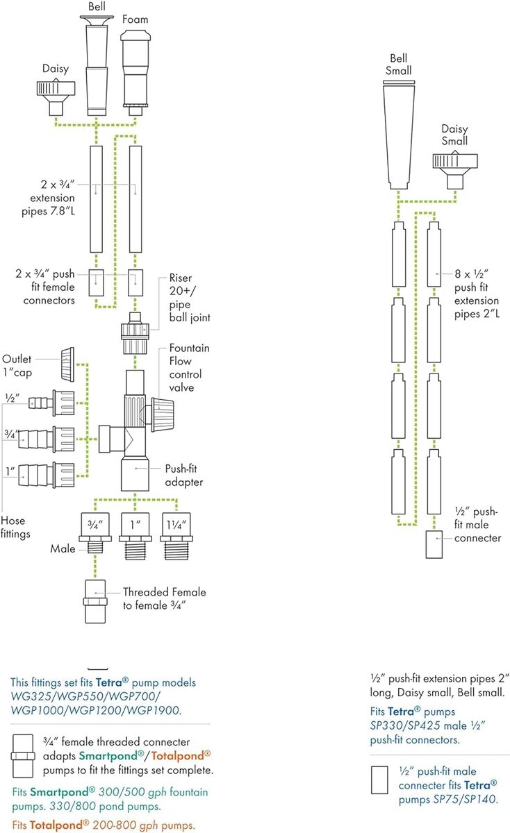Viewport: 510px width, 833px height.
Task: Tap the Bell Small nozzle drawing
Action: [x=399, y=135]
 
